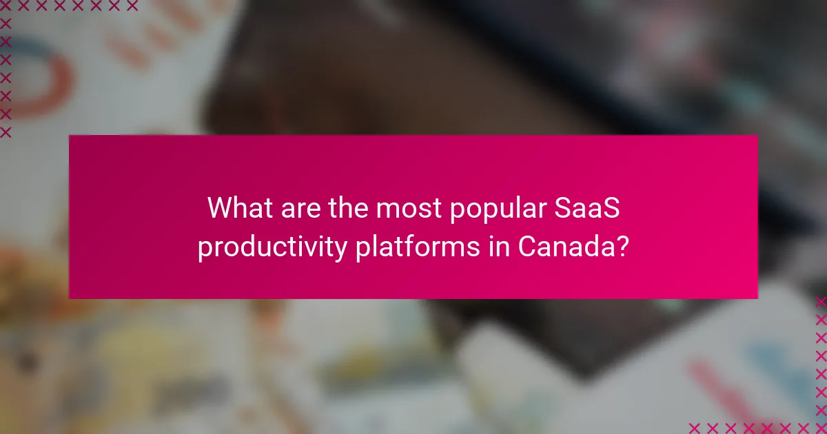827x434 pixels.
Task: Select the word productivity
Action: [272, 247]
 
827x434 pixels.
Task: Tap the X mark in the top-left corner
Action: [6, 6]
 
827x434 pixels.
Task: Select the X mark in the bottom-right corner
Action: [820, 427]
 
